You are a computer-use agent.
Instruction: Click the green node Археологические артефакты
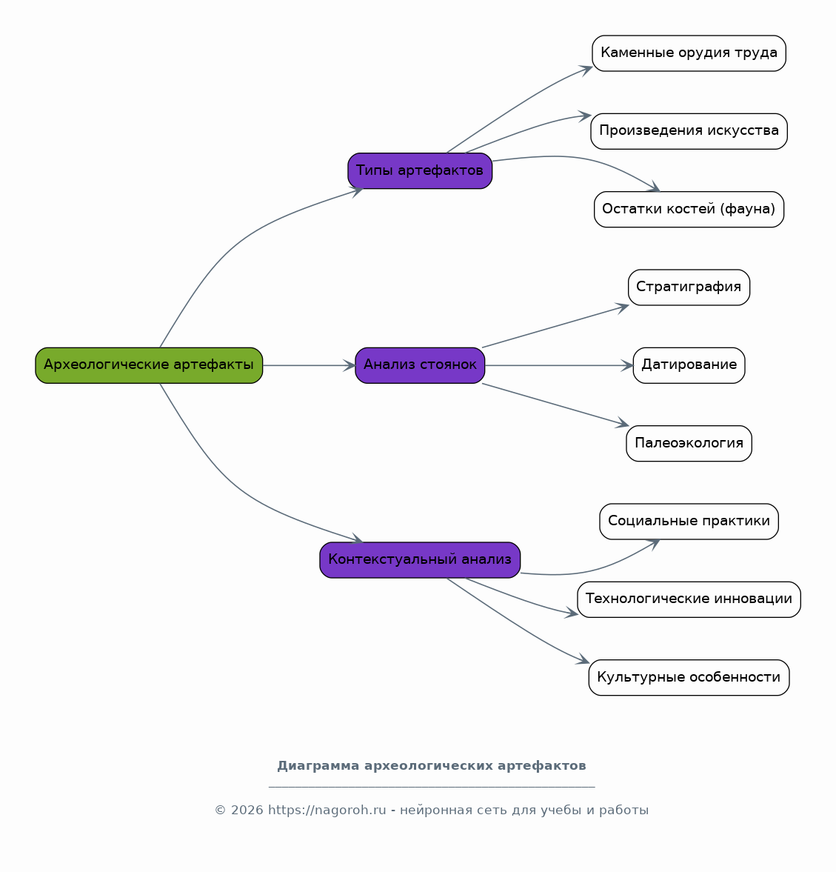[x=149, y=365]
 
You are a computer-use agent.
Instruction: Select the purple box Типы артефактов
[x=420, y=170]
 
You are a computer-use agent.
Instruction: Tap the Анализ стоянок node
[x=420, y=365]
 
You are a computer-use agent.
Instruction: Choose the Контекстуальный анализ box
[x=420, y=560]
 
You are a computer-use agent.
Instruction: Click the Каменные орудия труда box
[x=689, y=53]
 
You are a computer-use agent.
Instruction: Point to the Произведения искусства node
[x=689, y=131]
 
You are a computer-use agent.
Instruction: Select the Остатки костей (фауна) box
[x=689, y=209]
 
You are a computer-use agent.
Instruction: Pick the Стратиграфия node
[x=689, y=287]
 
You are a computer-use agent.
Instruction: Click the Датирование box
[x=689, y=365]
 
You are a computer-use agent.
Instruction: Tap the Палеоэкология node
[x=689, y=443]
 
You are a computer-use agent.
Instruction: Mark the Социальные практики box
[x=689, y=521]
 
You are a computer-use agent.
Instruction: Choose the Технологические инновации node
[x=689, y=599]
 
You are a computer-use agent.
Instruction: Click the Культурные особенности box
[x=689, y=677]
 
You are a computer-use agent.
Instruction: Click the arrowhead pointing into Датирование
[x=628, y=365]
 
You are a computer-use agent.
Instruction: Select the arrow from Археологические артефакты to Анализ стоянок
[x=309, y=365]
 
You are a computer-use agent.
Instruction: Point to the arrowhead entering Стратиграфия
[x=623, y=307]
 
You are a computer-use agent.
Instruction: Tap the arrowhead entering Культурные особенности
[x=583, y=659]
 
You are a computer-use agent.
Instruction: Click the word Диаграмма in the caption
[x=318, y=766]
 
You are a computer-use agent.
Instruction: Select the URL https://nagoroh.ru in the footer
[x=327, y=811]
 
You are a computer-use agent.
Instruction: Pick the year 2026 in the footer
[x=247, y=811]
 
